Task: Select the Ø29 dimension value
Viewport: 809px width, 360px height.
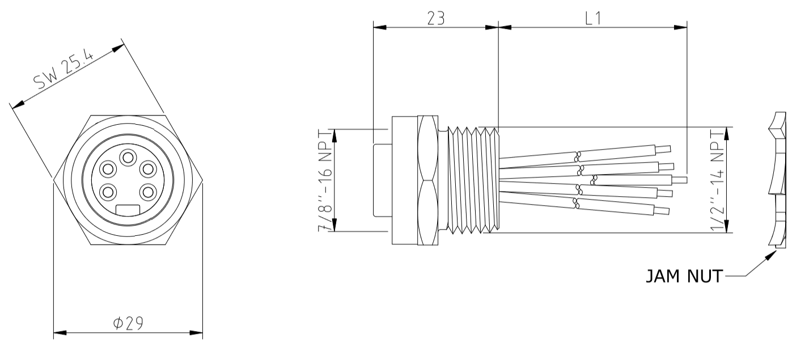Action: pyautogui.click(x=128, y=323)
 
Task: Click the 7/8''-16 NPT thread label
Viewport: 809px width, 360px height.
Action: pyautogui.click(x=325, y=180)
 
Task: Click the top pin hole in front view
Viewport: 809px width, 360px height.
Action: pyautogui.click(x=129, y=156)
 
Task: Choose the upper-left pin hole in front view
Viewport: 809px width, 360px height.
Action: pyautogui.click(x=107, y=169)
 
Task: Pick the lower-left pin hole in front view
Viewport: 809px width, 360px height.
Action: pyautogui.click(x=107, y=191)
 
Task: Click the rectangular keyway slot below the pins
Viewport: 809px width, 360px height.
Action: pyautogui.click(x=129, y=210)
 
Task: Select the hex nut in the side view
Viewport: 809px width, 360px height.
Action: pyautogui.click(x=428, y=180)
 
